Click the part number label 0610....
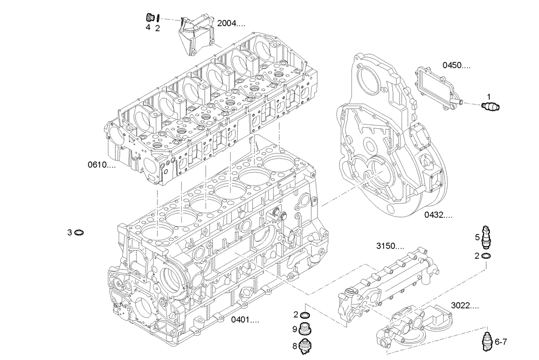[102, 164]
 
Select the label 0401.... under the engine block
[245, 320]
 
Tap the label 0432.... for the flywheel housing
[438, 215]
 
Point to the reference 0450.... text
[457, 65]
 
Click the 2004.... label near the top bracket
[231, 24]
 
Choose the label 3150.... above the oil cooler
[390, 246]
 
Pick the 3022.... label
[465, 306]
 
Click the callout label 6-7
[501, 342]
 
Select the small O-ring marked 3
[79, 233]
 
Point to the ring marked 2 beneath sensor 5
[486, 256]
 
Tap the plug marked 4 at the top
[150, 17]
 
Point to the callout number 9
[295, 329]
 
